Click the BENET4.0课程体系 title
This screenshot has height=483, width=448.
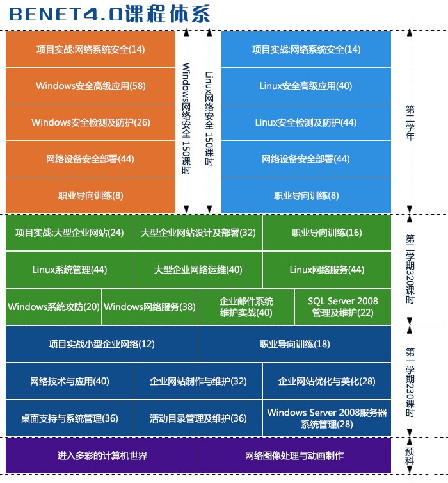pyautogui.click(x=109, y=14)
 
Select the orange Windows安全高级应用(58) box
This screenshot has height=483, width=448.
pyautogui.click(x=90, y=86)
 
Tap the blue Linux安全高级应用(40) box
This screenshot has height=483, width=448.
pyautogui.click(x=306, y=86)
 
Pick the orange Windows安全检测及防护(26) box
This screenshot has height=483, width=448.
pyautogui.click(x=90, y=122)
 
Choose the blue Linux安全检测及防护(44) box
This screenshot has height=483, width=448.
pyautogui.click(x=306, y=122)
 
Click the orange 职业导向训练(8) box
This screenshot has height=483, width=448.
pyautogui.click(x=90, y=195)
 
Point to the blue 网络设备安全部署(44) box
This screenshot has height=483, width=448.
pyautogui.click(x=306, y=159)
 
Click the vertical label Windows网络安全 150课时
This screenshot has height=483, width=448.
pyautogui.click(x=186, y=119)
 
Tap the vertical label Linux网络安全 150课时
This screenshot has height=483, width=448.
pyautogui.click(x=209, y=119)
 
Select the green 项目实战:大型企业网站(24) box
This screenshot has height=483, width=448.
pyautogui.click(x=70, y=233)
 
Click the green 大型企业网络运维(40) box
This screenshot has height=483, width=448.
pyautogui.click(x=198, y=270)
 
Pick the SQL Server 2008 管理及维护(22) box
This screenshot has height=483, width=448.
pyautogui.click(x=343, y=307)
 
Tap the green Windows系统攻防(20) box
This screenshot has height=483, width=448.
pyautogui.click(x=54, y=307)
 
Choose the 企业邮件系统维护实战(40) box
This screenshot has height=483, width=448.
pyautogui.click(x=246, y=307)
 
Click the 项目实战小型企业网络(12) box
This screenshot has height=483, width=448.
pyautogui.click(x=102, y=344)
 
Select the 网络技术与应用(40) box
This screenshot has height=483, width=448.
pyautogui.click(x=70, y=381)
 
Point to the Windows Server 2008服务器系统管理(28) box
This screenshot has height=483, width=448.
pyautogui.click(x=327, y=418)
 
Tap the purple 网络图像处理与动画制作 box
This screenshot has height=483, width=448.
pyautogui.click(x=294, y=455)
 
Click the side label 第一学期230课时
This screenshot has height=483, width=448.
pyautogui.click(x=410, y=382)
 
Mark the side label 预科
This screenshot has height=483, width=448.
pyautogui.click(x=410, y=456)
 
